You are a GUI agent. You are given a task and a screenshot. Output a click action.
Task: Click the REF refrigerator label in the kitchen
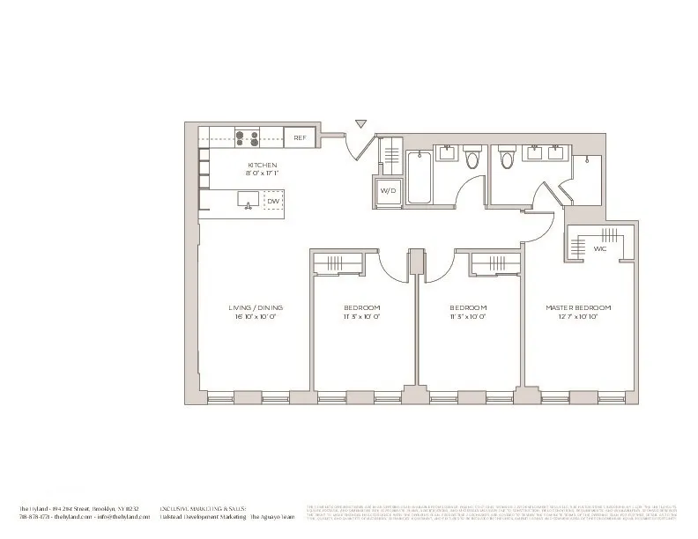coord(300,137)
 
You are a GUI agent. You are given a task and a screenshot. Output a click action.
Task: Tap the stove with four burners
coord(246,137)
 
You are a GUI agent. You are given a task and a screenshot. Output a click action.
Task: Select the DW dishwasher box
coord(273,202)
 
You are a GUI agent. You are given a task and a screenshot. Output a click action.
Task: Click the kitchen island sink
coord(248,202)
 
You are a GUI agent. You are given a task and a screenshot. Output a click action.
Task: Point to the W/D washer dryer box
coord(387,192)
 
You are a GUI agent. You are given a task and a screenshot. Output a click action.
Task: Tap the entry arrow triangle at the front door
coord(360,125)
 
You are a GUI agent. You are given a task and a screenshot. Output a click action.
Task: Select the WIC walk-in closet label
coord(599,248)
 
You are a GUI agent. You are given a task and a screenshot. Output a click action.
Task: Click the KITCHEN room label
coord(262,165)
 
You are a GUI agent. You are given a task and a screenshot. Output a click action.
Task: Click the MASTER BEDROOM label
coord(578,307)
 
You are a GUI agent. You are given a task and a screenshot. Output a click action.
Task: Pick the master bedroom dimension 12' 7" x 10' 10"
coord(578,316)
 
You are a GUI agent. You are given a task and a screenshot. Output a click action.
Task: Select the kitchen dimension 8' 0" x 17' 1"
coord(262,174)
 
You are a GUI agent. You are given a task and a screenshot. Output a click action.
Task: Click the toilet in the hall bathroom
coord(472,159)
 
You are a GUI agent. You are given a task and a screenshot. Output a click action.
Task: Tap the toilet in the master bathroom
coord(507,159)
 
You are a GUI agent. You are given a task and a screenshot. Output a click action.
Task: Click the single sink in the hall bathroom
coord(448,154)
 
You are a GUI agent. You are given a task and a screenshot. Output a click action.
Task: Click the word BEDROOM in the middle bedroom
coord(467,307)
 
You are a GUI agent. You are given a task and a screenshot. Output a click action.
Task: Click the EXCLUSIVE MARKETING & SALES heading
coord(202,510)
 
